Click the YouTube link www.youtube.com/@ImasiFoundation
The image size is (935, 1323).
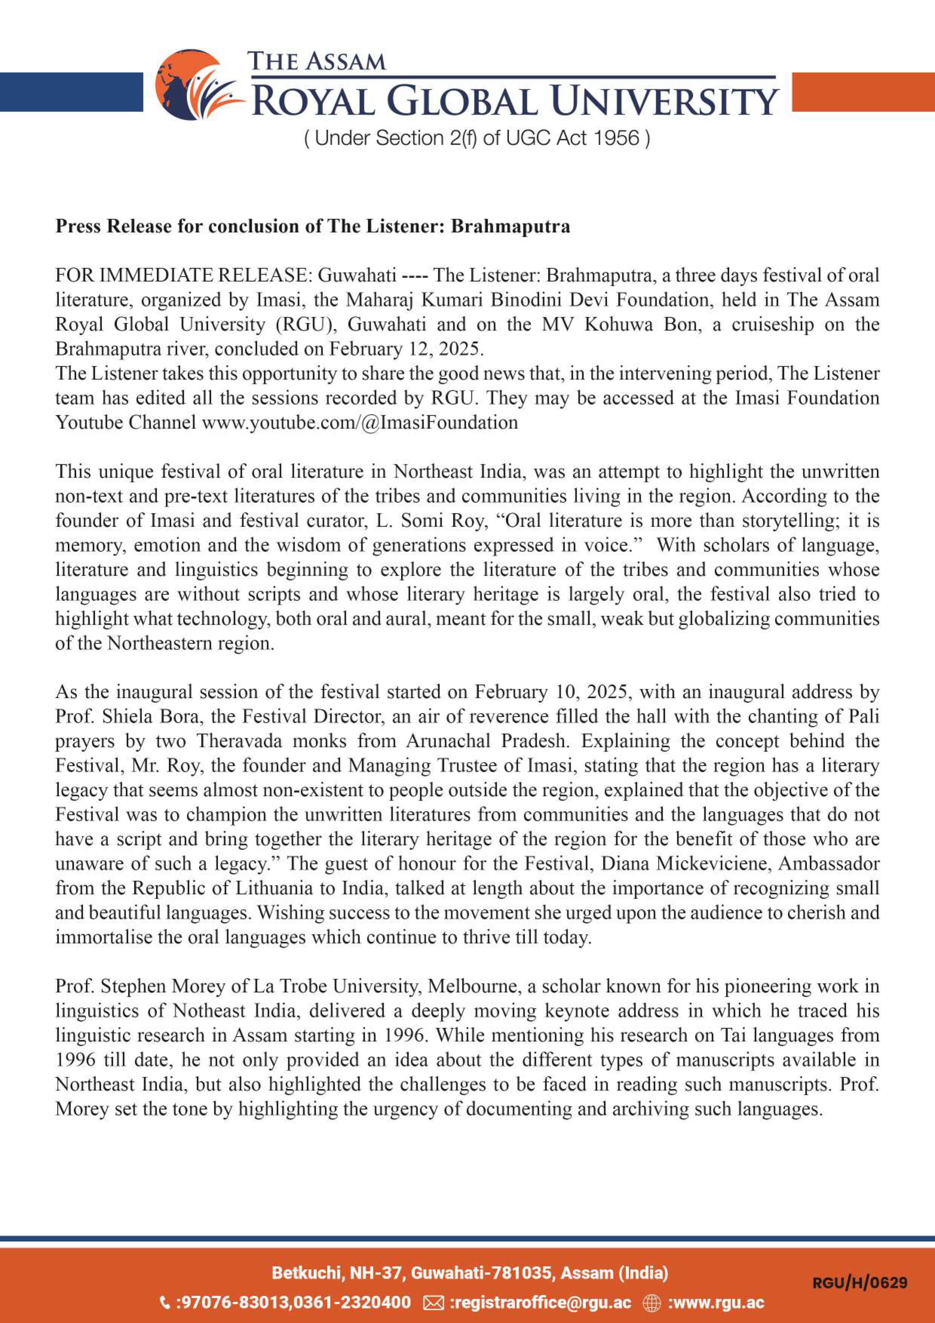359,423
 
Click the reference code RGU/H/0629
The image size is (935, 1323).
860,1283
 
